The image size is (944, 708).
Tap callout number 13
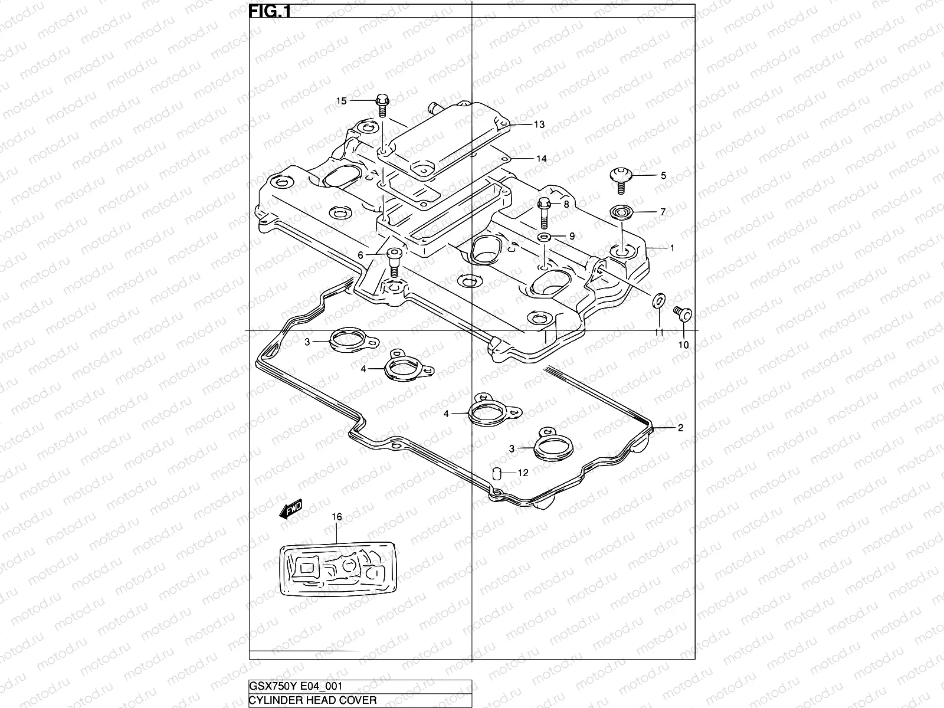539,124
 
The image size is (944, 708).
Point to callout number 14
542,158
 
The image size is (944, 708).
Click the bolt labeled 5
620,179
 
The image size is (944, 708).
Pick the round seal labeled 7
620,212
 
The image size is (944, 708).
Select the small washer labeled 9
543,237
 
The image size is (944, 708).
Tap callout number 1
671,248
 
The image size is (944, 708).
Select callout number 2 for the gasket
680,428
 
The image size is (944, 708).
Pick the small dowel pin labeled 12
497,473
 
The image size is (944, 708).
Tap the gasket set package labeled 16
337,569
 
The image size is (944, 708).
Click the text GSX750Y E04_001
295,686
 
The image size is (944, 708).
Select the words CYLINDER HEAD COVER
313,700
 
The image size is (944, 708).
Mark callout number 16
336,517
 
